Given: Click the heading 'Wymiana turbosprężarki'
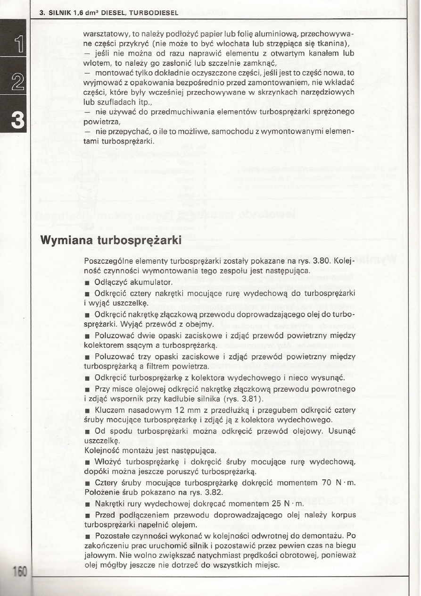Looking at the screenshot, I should [111, 241].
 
